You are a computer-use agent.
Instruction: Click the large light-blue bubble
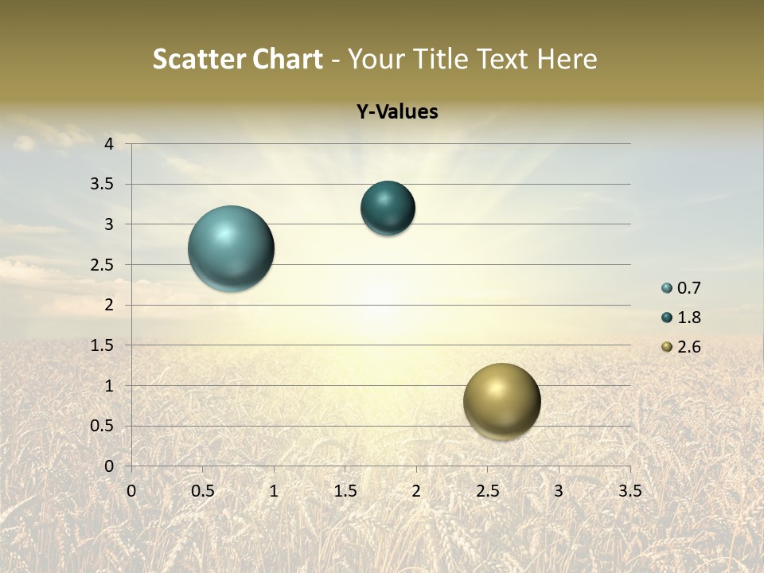click(x=231, y=248)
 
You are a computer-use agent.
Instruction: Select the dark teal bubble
click(x=388, y=209)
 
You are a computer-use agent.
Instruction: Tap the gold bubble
click(x=501, y=401)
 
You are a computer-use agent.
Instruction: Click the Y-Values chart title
click(x=397, y=112)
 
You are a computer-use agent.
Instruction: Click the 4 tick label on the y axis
click(x=109, y=144)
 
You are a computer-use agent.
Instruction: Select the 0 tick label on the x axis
click(x=131, y=490)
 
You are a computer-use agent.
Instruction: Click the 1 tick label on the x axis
click(x=274, y=490)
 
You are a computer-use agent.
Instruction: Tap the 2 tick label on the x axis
click(x=416, y=490)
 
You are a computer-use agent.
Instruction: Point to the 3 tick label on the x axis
click(x=559, y=490)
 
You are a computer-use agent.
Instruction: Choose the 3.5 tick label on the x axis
click(x=630, y=490)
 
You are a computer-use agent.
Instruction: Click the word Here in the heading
click(x=567, y=60)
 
